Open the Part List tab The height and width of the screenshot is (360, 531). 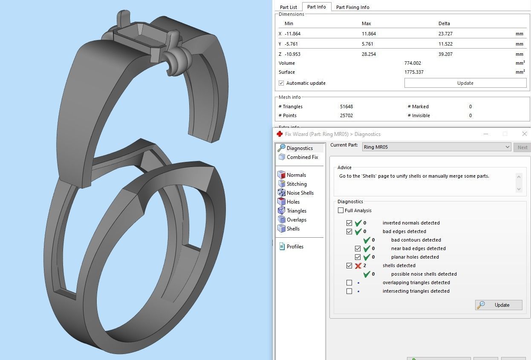point(288,7)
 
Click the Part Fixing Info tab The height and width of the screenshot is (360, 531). point(352,7)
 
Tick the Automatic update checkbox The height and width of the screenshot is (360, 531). point(281,83)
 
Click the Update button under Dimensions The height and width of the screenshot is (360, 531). point(465,83)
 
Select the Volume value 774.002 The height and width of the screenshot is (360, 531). point(413,63)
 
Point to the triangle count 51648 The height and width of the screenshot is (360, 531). point(346,107)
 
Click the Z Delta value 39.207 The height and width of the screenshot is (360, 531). point(445,54)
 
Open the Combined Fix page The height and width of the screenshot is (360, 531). point(302,157)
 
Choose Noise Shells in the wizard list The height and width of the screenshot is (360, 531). point(300,193)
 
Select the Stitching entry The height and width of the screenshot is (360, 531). point(296,184)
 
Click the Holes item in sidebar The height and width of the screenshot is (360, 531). point(293,202)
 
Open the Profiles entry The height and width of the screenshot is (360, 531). point(294,247)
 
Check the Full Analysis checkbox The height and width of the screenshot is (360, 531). point(341,210)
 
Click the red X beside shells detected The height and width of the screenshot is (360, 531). point(358,266)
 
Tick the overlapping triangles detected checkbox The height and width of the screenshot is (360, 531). point(349,283)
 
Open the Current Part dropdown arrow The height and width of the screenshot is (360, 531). point(507,147)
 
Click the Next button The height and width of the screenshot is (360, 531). point(522,147)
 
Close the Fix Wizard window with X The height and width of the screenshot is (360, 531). point(524,134)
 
